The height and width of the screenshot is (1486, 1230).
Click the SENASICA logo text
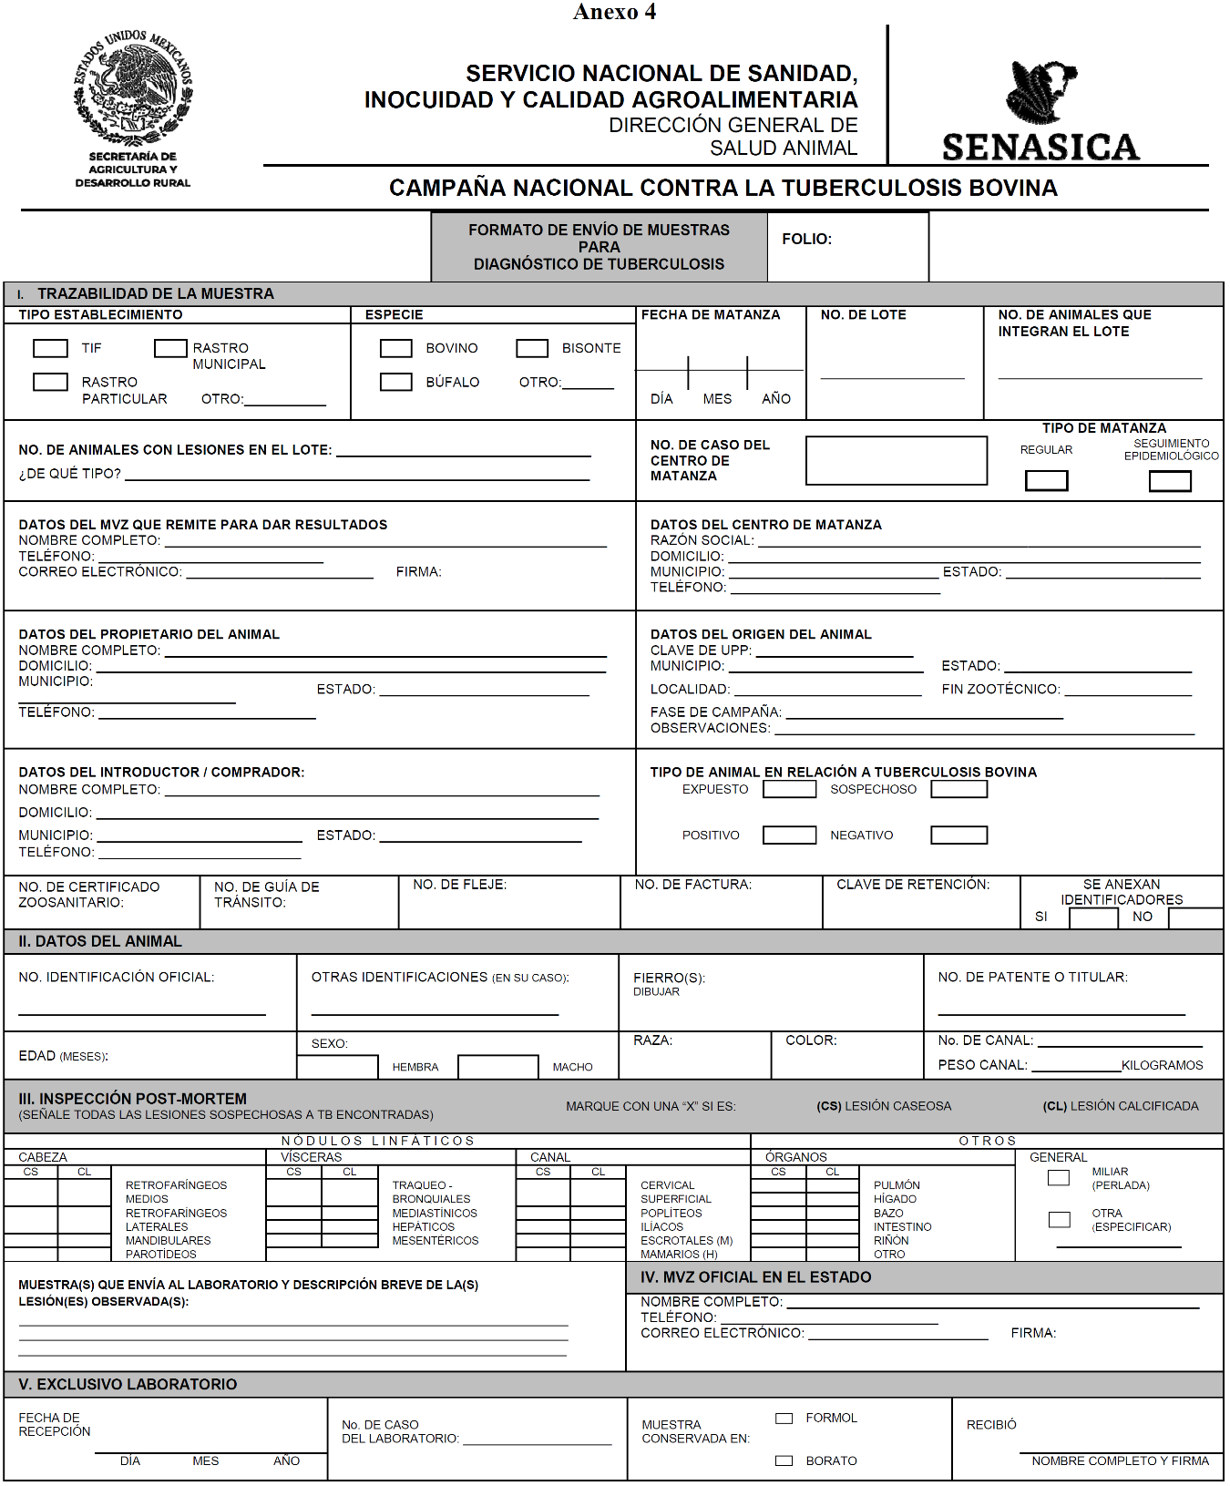(1040, 148)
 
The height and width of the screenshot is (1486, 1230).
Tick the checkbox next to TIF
(50, 348)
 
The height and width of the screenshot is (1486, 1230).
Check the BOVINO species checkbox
(395, 348)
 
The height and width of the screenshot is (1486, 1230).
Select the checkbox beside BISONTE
(532, 348)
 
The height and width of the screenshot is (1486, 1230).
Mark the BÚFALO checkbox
(395, 382)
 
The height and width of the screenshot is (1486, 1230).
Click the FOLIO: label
(806, 239)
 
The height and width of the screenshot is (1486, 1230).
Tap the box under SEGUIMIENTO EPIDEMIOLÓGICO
(1170, 481)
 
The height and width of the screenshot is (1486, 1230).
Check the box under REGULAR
(1046, 480)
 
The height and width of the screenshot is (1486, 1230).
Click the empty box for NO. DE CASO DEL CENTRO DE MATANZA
(896, 460)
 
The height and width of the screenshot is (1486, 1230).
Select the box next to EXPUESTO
(789, 789)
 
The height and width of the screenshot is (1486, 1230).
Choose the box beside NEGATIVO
(958, 835)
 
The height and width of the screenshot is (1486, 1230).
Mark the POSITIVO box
(789, 835)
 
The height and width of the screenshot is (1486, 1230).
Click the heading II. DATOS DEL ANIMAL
(100, 941)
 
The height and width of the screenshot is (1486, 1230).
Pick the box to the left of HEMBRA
(337, 1067)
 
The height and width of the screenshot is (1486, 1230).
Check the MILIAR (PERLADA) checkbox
(1059, 1178)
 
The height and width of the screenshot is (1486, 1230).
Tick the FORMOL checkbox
(784, 1419)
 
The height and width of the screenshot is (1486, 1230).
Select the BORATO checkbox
(784, 1460)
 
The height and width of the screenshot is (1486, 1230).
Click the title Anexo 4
(614, 12)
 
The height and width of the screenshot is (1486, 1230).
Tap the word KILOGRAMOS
(1162, 1065)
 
